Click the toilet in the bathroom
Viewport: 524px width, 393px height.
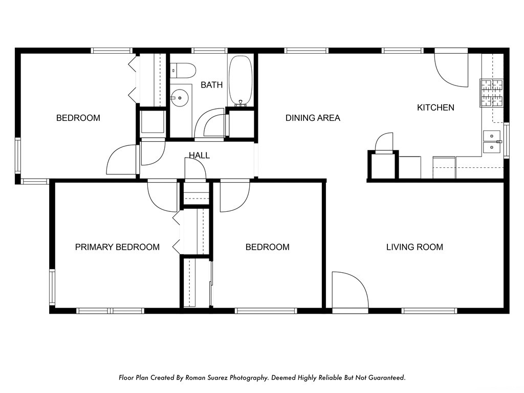coord(183,70)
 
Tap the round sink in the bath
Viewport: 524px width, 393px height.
coord(180,98)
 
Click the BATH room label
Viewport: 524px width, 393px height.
coord(211,85)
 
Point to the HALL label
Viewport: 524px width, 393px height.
coord(199,155)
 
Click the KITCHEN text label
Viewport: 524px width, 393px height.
coord(435,107)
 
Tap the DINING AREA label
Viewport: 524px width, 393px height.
coord(313,118)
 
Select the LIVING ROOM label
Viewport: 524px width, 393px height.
coord(414,247)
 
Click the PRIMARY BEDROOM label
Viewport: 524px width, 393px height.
coord(117,247)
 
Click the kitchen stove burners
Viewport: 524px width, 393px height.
coord(492,93)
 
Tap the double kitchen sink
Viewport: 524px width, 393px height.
coord(492,142)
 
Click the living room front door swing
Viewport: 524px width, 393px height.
coord(350,290)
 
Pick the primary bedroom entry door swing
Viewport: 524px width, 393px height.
coord(162,197)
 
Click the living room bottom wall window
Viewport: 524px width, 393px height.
coord(429,311)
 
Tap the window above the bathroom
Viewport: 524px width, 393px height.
coord(209,51)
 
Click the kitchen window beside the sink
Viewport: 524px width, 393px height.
coord(506,140)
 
